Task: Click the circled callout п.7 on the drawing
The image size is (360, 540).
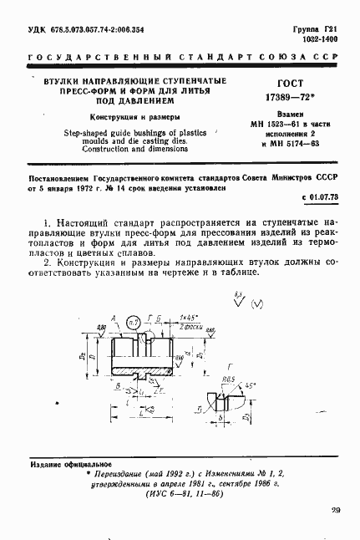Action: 132,321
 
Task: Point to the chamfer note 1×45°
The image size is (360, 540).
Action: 190,318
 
